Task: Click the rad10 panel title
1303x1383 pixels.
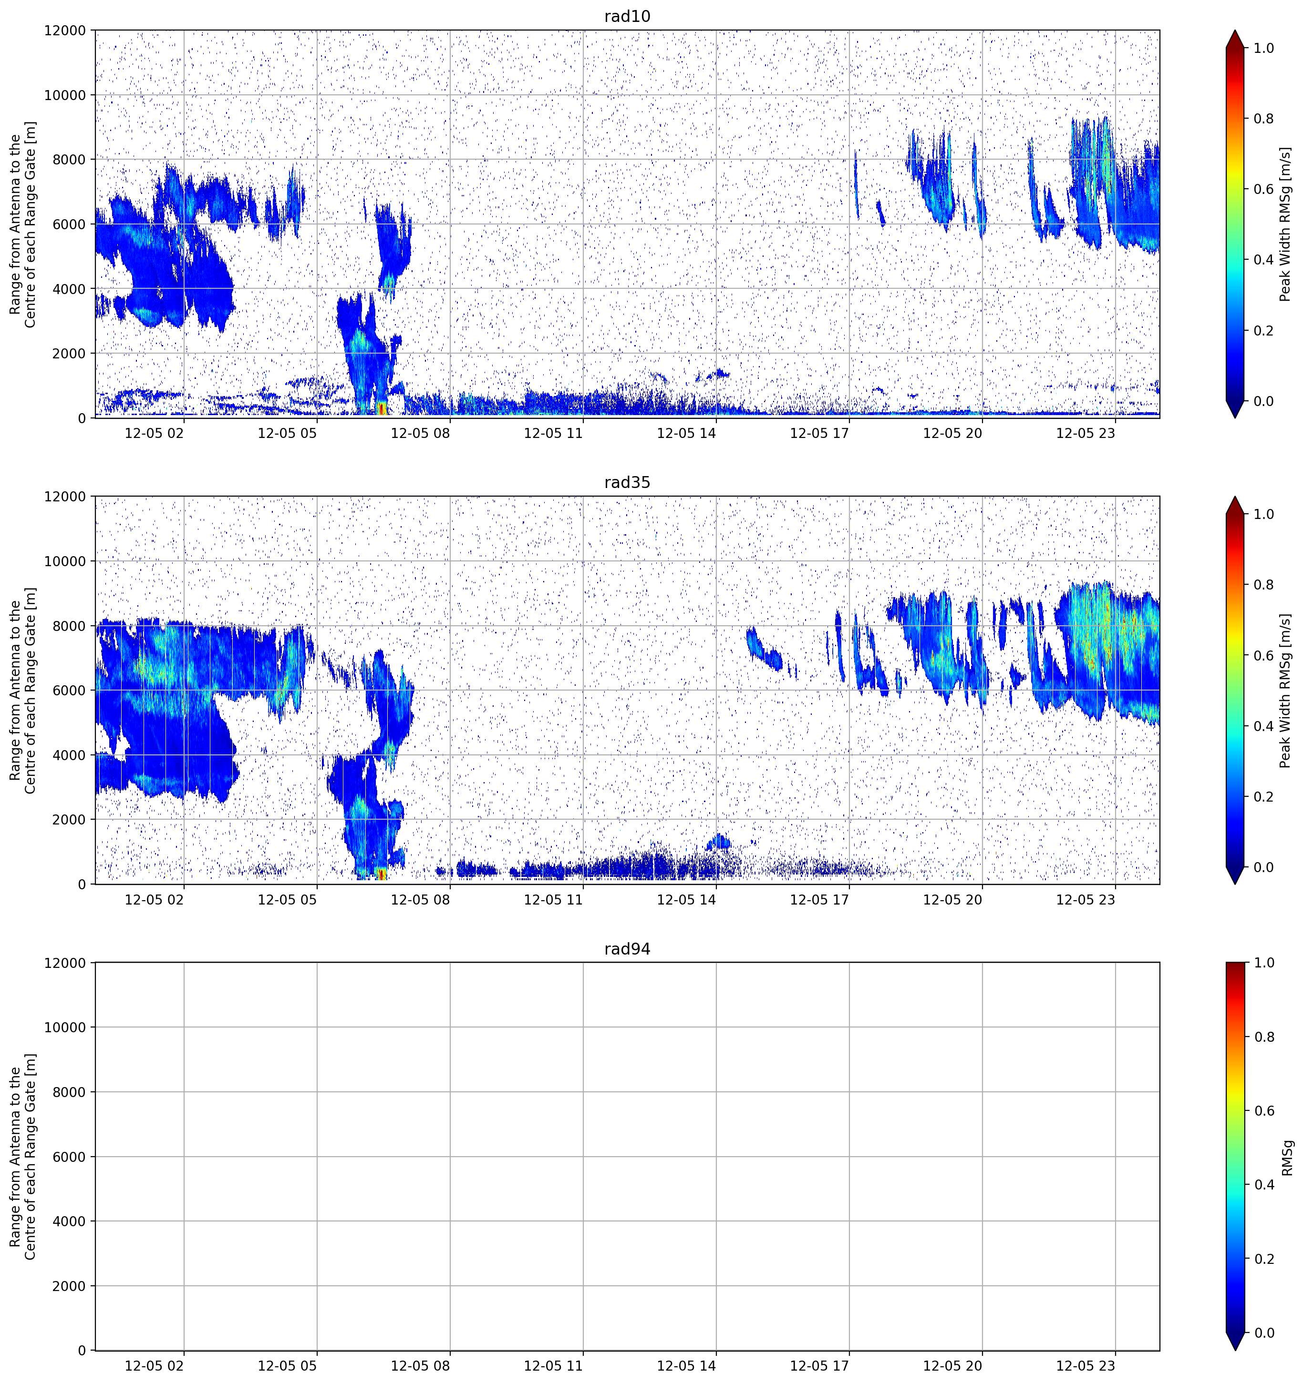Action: (x=627, y=16)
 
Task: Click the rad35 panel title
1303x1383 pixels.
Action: (x=627, y=482)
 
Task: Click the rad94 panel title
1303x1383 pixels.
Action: (x=627, y=949)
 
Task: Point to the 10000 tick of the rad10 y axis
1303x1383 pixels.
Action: (x=65, y=95)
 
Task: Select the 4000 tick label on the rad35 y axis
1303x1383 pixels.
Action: (x=70, y=755)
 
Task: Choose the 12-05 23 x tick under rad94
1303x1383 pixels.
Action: (x=1086, y=1366)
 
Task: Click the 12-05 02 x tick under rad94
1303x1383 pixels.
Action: (x=155, y=1366)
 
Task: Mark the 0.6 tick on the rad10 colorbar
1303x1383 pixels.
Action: (x=1263, y=189)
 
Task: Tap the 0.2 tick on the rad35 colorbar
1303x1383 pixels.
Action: (x=1263, y=796)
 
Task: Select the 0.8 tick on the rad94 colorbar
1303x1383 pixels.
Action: (x=1263, y=1037)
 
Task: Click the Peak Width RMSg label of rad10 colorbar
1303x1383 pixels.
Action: (x=1286, y=224)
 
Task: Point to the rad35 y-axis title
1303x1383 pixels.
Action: (x=22, y=690)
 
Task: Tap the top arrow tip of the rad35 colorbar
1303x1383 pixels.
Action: (x=1235, y=497)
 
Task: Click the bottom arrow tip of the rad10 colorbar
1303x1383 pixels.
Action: (x=1235, y=417)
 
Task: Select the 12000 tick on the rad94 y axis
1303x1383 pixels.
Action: (x=65, y=963)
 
